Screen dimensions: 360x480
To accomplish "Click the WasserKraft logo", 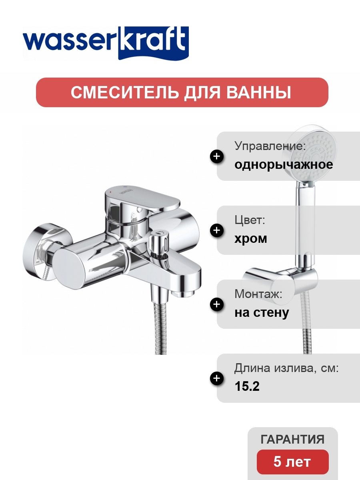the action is [x=106, y=43].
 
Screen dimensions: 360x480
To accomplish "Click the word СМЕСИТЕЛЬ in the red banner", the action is [x=124, y=92].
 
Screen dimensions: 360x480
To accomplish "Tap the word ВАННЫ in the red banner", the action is [x=258, y=92].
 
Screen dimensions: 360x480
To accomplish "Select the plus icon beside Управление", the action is [x=217, y=156].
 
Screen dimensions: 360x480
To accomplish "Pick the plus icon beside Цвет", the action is [x=217, y=230].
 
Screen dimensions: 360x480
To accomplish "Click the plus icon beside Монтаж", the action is [x=217, y=304].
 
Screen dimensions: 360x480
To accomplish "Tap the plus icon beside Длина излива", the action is [x=217, y=378].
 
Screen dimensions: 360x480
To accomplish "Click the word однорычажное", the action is [x=284, y=165].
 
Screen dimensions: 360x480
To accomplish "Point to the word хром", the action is [x=250, y=239].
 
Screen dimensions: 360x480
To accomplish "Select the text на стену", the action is [x=262, y=313].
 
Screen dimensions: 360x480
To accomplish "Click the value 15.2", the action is [x=247, y=386].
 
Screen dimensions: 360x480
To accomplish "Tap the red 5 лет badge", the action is [x=292, y=462].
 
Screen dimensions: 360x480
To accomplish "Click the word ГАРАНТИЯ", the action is [x=292, y=439].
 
